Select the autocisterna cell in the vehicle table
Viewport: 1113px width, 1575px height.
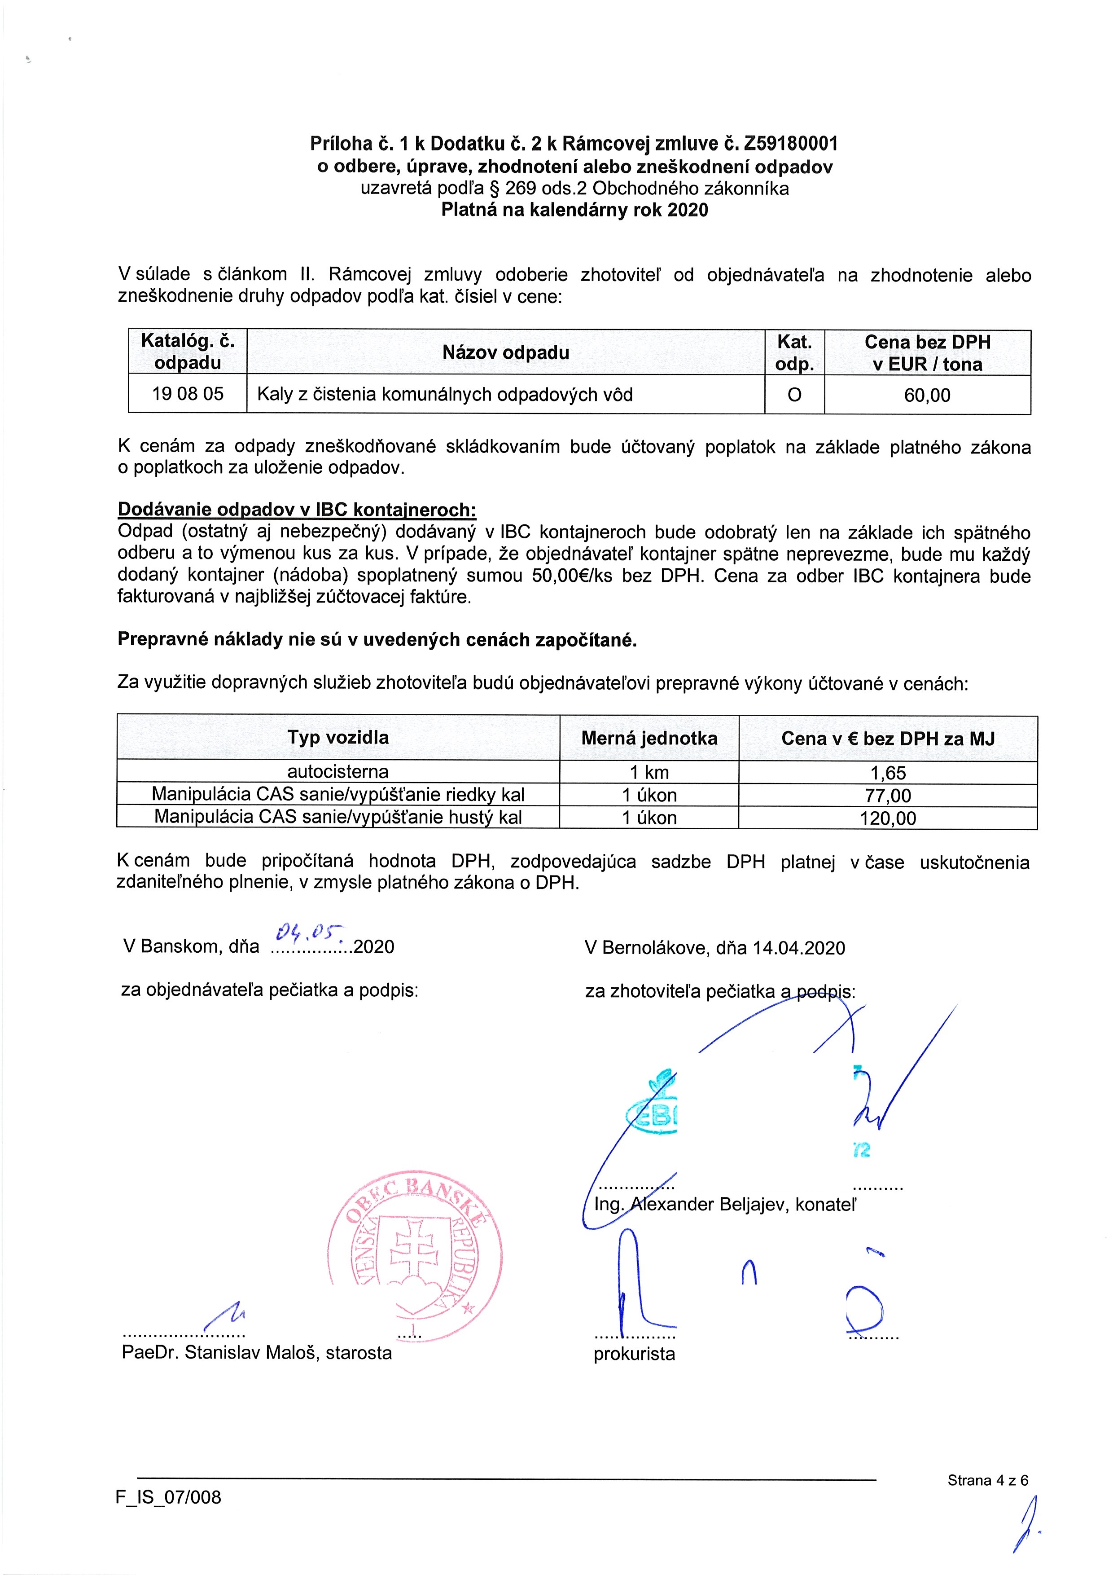click(x=337, y=772)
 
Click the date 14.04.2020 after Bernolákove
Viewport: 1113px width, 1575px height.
click(x=798, y=948)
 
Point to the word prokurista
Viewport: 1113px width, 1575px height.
click(x=634, y=1353)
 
